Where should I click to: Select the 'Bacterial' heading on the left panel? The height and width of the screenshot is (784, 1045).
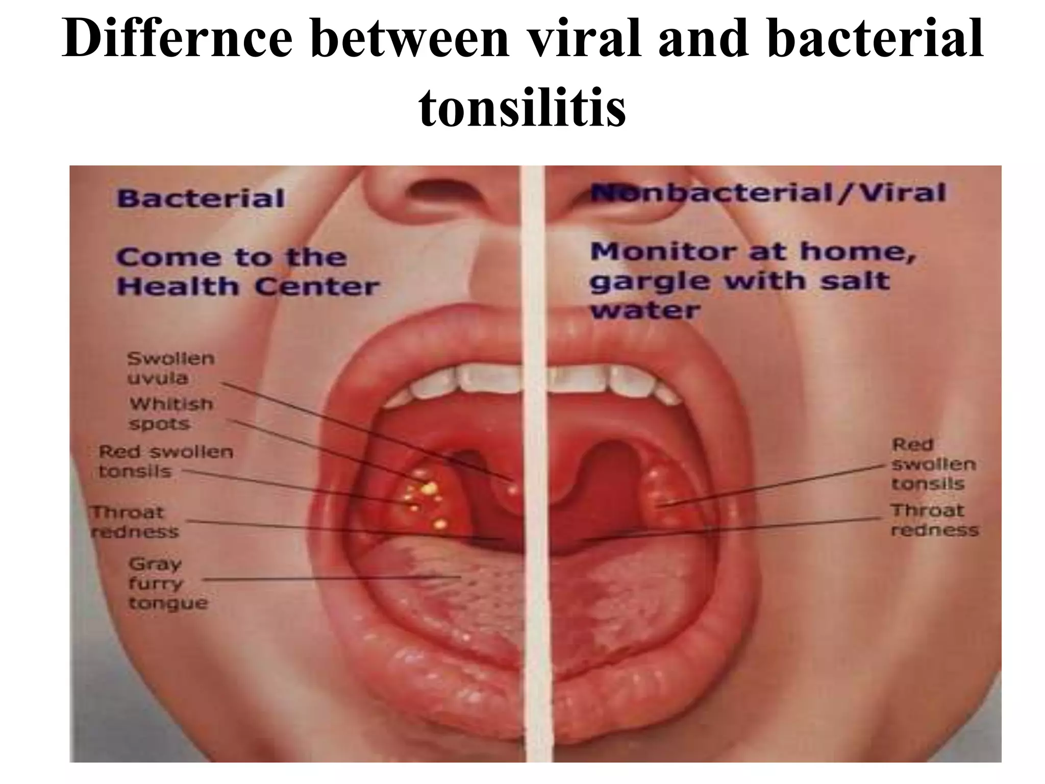coord(200,198)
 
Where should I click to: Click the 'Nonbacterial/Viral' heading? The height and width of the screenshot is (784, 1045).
coord(767,193)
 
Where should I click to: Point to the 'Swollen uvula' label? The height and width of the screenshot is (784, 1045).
coord(171,368)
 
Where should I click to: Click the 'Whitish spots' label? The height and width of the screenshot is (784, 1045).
coord(170,413)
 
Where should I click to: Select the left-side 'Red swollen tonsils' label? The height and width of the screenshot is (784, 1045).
coord(165,461)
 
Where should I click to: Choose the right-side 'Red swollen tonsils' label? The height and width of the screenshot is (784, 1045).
coord(932,464)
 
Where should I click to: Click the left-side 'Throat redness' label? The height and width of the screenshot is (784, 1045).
coord(134,522)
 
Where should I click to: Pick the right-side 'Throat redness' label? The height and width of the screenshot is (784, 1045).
coord(934,520)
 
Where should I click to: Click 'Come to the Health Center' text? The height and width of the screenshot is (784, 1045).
coord(247,272)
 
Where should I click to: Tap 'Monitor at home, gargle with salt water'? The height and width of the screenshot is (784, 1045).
coord(753,281)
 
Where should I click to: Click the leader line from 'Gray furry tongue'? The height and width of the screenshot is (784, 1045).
coord(332,578)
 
